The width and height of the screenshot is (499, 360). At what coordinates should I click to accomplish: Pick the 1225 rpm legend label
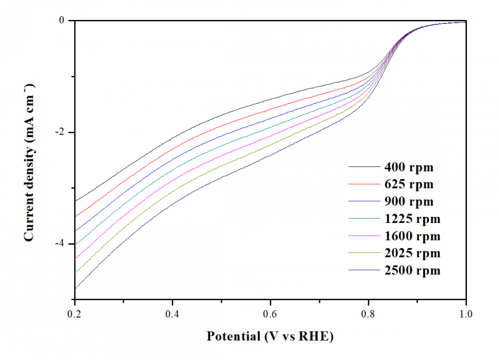[x=411, y=219]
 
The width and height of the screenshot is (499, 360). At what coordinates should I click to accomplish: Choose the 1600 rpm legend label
[x=411, y=236]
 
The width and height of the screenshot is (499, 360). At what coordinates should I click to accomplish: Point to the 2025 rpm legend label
[x=411, y=253]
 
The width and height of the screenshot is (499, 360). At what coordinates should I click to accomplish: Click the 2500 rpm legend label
[x=411, y=271]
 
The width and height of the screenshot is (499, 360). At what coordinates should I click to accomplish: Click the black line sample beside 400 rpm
[x=363, y=167]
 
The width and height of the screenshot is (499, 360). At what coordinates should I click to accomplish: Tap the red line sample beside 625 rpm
[x=363, y=184]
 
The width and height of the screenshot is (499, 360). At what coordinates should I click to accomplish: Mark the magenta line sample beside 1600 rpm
[x=363, y=236]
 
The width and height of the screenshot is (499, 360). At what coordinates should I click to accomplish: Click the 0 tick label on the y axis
[x=63, y=21]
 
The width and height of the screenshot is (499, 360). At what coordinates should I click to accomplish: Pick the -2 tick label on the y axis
[x=60, y=132]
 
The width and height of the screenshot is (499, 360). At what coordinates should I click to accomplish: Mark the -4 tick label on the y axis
[x=60, y=244]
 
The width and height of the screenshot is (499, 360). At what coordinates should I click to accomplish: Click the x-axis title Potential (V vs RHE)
[x=270, y=336]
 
